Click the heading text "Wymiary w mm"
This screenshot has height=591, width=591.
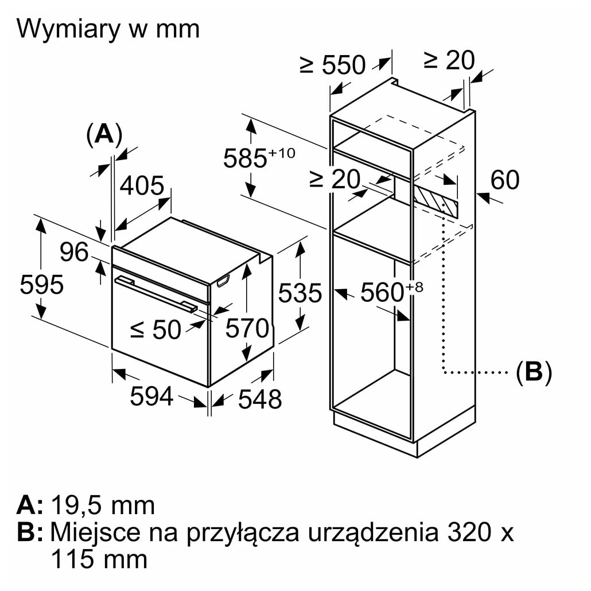[108, 29]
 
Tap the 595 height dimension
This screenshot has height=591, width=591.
[41, 284]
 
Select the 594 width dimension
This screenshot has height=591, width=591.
[151, 396]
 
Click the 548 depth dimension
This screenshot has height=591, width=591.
[260, 399]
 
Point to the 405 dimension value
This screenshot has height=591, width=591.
[142, 186]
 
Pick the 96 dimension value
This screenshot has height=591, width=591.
[75, 252]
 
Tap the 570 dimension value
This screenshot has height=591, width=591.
[247, 328]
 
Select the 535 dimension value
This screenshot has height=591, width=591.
[300, 293]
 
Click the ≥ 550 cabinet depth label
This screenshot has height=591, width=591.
[332, 65]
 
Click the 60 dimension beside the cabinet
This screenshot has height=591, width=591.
[505, 180]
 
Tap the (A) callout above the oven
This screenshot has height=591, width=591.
[104, 134]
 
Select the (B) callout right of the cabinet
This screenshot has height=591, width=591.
[534, 372]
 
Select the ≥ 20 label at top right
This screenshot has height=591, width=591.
[449, 60]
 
